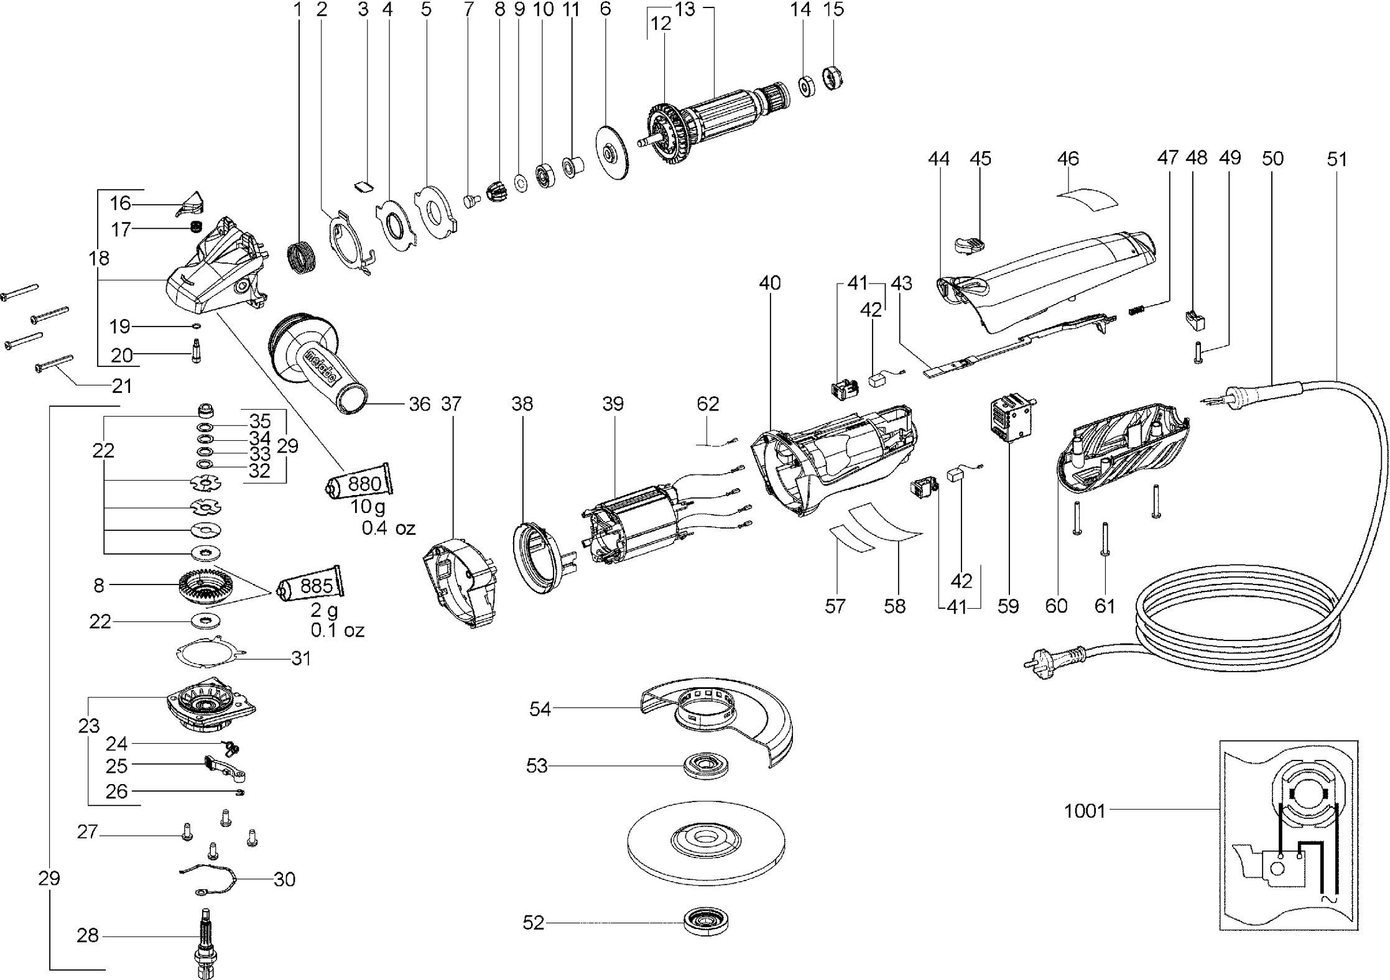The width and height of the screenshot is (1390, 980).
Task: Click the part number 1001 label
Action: tap(1085, 811)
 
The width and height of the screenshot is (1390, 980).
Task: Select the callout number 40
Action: tap(769, 283)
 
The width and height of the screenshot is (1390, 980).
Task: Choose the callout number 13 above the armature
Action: tap(685, 9)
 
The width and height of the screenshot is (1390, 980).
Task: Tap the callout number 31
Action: tap(301, 658)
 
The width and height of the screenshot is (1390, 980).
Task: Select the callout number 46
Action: tap(1068, 159)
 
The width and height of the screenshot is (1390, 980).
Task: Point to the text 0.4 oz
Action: tap(389, 529)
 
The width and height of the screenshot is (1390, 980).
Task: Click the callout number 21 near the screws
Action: tap(122, 386)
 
